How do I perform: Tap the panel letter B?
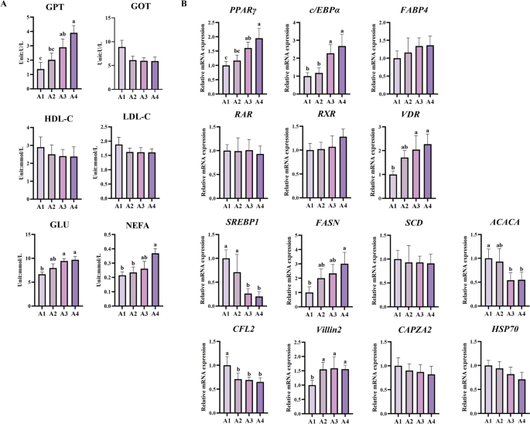[182, 5]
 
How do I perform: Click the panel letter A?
[5, 5]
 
